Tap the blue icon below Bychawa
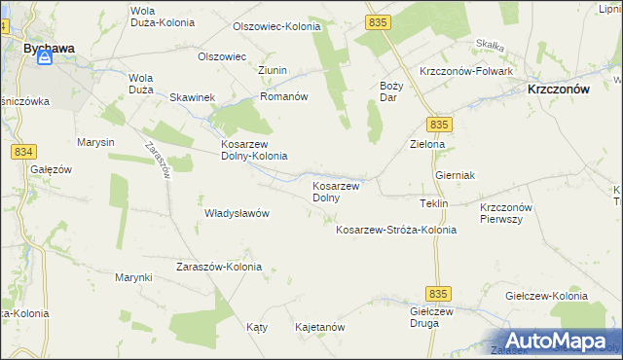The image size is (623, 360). pyautogui.click(x=45, y=59)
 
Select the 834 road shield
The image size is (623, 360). pyautogui.click(x=24, y=153)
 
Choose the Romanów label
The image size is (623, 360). pyautogui.click(x=283, y=98)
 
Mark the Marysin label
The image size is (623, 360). pyautogui.click(x=95, y=142)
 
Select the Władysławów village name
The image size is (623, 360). pyautogui.click(x=237, y=213)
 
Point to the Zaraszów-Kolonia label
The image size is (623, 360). pyautogui.click(x=218, y=267)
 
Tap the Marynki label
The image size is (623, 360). pyautogui.click(x=133, y=278)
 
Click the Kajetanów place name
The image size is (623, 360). pyautogui.click(x=319, y=328)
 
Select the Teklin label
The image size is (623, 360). pyautogui.click(x=433, y=203)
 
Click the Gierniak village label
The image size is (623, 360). pyautogui.click(x=455, y=175)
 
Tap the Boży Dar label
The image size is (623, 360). pyautogui.click(x=389, y=91)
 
